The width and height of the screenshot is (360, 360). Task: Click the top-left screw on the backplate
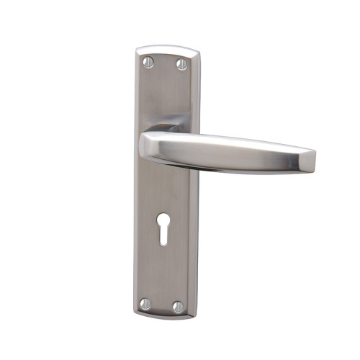tap(148, 63)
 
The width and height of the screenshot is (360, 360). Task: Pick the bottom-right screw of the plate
tap(177, 305)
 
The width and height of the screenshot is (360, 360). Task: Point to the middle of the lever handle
tap(230, 148)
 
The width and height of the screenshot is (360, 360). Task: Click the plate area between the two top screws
tap(164, 64)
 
